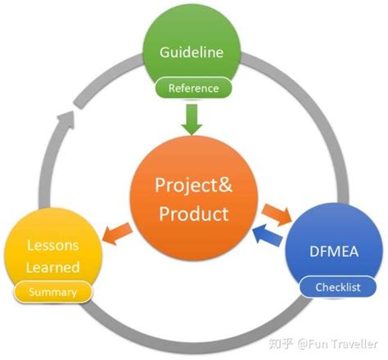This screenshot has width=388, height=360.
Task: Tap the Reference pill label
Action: point(193,88)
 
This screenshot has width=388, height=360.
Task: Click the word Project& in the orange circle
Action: point(194,184)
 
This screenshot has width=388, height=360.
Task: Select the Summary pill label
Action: point(52,291)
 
